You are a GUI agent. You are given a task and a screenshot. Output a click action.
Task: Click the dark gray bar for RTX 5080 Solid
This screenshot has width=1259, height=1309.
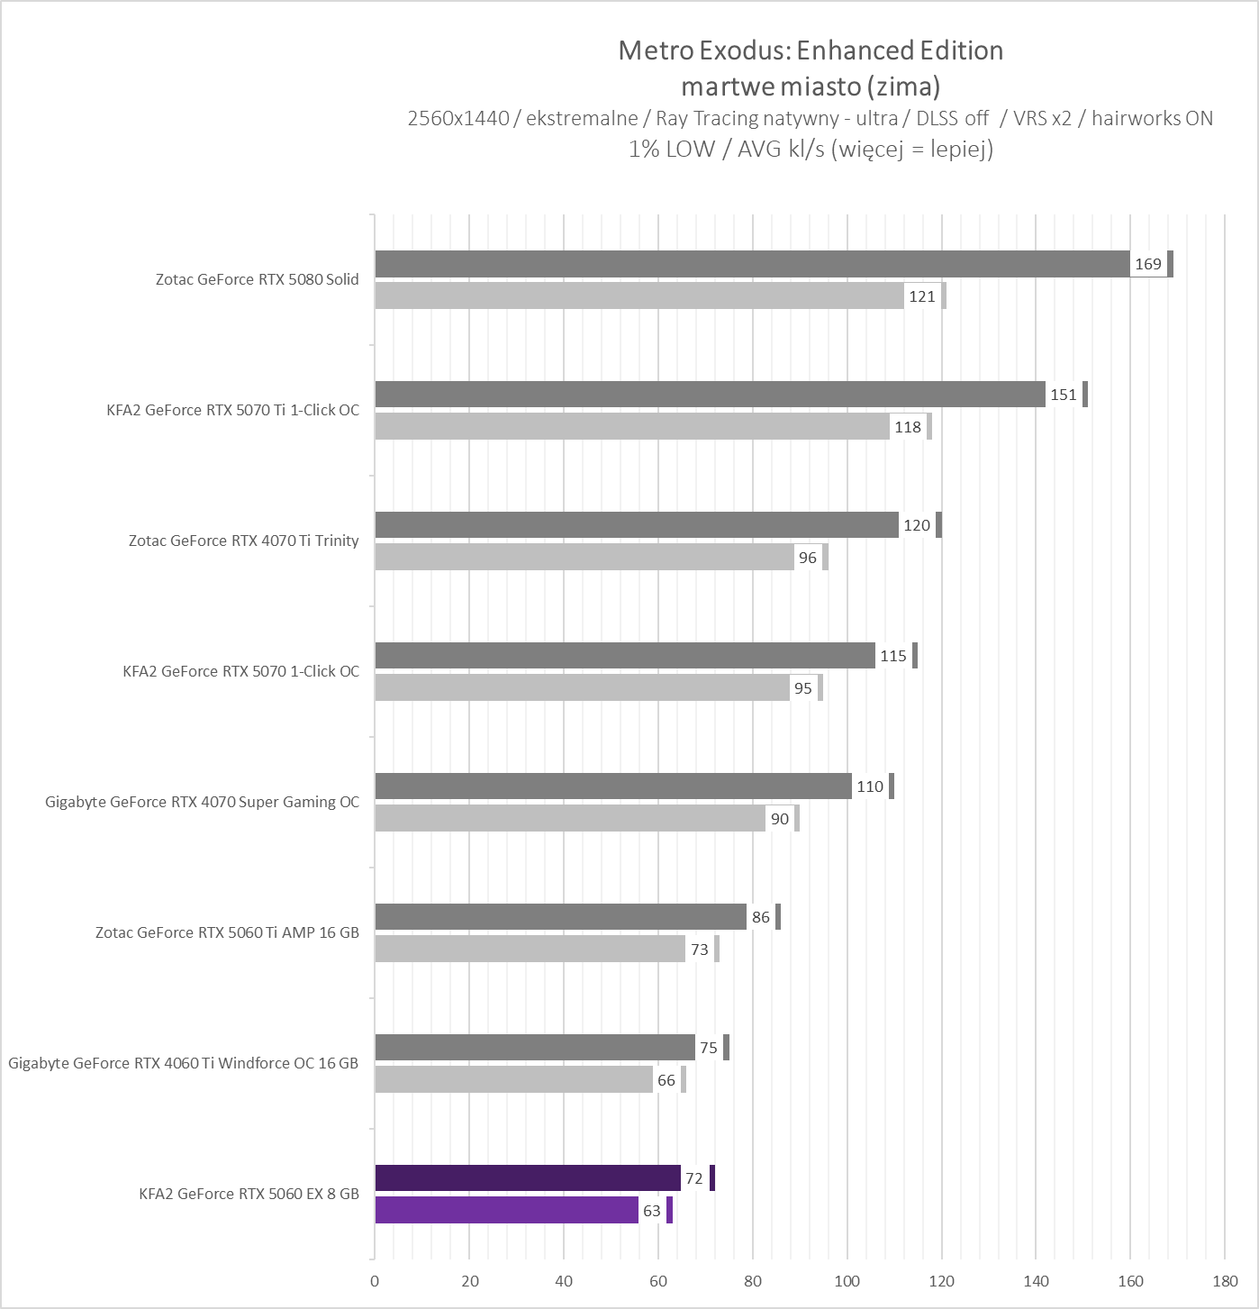click(752, 264)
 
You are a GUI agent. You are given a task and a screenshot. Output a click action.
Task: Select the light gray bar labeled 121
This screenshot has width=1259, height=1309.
click(639, 296)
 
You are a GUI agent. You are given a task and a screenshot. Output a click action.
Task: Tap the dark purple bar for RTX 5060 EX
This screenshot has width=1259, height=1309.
click(528, 1178)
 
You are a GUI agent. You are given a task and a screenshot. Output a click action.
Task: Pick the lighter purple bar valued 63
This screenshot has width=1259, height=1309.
click(506, 1211)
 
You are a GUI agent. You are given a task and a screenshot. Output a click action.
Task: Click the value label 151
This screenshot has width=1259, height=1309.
click(1064, 395)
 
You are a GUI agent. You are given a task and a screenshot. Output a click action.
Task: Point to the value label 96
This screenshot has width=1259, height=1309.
click(808, 558)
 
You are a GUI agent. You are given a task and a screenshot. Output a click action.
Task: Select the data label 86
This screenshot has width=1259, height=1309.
click(761, 917)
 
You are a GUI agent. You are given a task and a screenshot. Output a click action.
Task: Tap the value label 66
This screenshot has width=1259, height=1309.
click(666, 1080)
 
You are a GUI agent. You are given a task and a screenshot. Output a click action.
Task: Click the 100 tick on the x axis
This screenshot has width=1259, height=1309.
click(847, 1281)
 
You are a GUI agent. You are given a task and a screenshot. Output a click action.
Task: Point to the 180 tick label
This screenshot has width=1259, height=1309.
click(1225, 1281)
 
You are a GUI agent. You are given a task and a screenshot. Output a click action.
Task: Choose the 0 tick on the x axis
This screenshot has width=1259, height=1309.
click(375, 1281)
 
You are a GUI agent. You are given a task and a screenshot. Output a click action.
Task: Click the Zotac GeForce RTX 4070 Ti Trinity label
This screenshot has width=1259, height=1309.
click(243, 541)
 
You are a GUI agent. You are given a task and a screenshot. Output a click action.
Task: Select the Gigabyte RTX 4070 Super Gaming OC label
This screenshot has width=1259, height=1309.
click(202, 802)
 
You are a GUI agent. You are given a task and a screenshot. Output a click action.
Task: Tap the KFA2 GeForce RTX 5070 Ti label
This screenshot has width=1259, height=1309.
click(232, 410)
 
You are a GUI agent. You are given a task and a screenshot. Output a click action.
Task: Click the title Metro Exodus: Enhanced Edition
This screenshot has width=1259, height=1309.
click(811, 50)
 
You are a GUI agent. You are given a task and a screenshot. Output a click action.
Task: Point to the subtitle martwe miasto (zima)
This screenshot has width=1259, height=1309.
click(811, 86)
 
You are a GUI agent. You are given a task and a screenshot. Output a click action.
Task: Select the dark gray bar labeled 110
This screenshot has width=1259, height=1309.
click(613, 786)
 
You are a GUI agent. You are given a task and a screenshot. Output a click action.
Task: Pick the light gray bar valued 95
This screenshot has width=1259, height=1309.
click(582, 688)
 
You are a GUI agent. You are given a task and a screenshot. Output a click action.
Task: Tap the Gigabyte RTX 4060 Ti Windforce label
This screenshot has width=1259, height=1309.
click(183, 1063)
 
